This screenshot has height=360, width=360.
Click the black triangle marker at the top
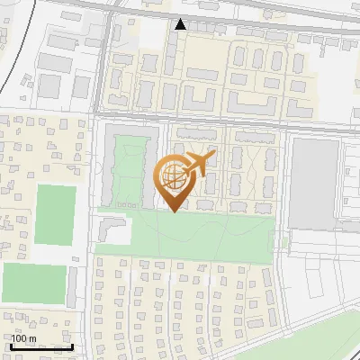tap(181, 24)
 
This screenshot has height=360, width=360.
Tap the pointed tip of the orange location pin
tap(174, 211)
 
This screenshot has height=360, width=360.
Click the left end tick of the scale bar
tap(11, 345)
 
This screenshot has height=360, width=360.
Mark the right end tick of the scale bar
tap(72, 345)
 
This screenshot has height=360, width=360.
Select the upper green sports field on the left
tap(55, 214)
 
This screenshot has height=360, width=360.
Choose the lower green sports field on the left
tap(36, 283)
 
